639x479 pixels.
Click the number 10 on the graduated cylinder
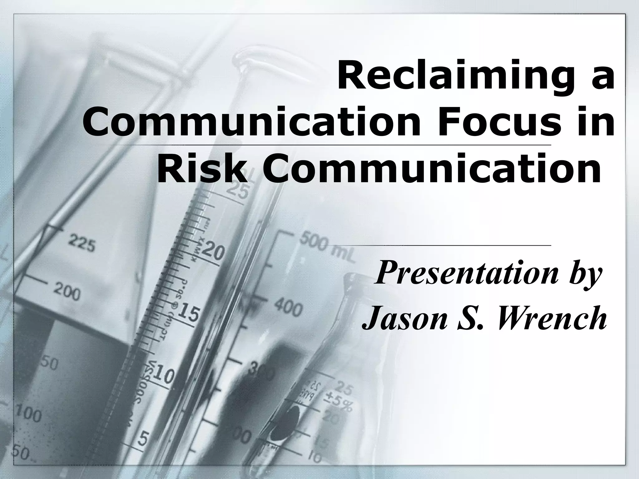coord(163,375)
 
